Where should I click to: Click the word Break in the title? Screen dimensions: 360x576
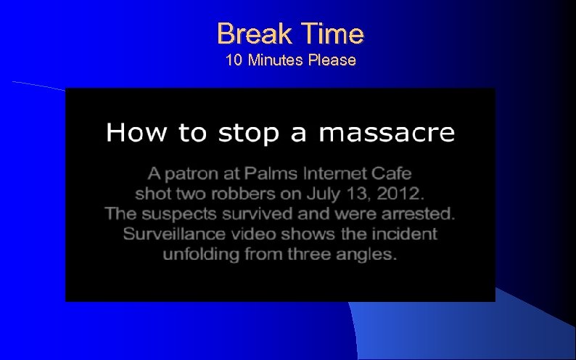(250, 33)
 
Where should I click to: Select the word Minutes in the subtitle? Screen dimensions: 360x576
(275, 60)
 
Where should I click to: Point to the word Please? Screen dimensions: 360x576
(332, 60)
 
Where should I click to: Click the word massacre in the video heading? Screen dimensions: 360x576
(387, 133)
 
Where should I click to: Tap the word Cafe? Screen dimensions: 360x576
(394, 174)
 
